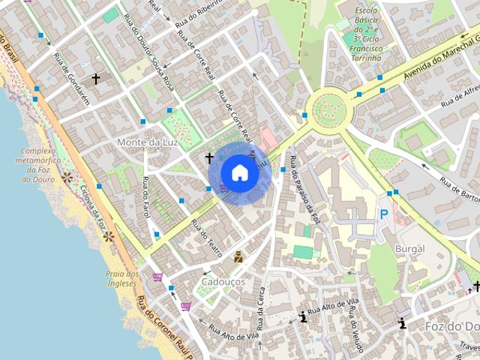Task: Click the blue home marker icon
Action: tap(239, 172)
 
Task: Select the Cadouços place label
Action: tap(223, 281)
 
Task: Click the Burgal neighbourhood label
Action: tap(409, 248)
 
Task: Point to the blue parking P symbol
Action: tap(384, 214)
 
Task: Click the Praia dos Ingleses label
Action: tap(122, 278)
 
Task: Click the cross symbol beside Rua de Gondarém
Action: tap(95, 78)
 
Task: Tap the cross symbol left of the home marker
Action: tap(210, 158)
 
